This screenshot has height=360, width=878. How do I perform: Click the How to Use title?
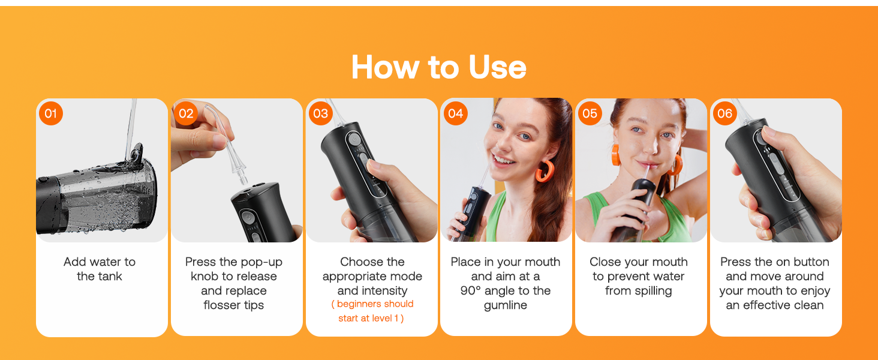point(438,67)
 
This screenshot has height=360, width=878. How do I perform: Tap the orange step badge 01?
point(51,113)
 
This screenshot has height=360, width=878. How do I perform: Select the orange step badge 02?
point(186,113)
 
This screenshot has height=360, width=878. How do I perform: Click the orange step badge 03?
point(321,113)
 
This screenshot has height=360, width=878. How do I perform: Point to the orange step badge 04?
point(456,113)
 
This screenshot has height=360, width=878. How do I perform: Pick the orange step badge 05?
point(590,113)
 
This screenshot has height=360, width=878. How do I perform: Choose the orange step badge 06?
point(725,113)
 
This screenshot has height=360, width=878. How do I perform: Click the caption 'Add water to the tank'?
point(100,269)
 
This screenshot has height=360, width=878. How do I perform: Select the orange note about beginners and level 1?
point(372,311)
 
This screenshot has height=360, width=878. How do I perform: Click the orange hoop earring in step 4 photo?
point(544,170)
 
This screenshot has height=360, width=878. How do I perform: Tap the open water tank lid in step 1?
point(134,155)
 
